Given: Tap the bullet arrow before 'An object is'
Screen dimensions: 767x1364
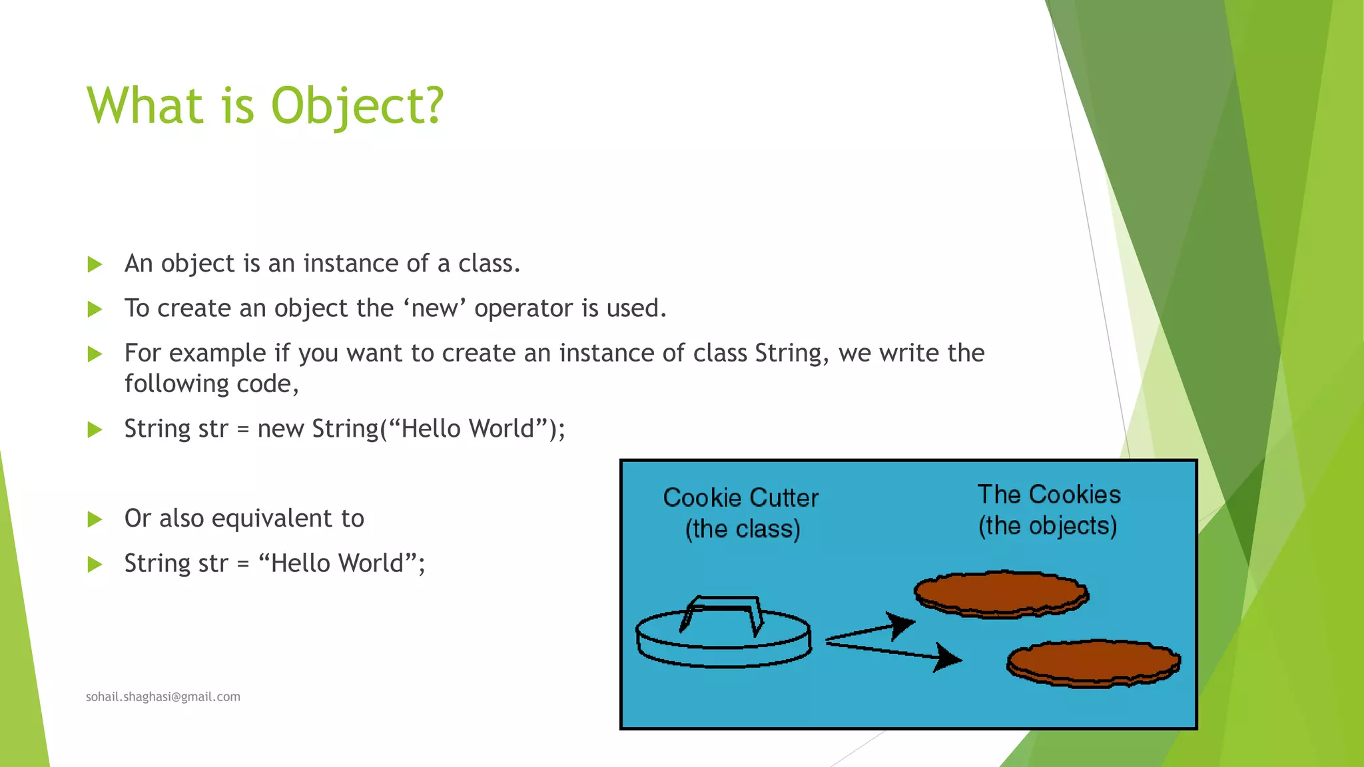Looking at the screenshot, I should [95, 265].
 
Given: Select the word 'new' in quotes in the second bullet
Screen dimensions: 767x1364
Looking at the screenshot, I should [434, 308].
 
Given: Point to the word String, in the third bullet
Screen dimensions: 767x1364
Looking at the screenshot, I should [791, 354].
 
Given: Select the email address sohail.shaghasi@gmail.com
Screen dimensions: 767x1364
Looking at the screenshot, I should [163, 697].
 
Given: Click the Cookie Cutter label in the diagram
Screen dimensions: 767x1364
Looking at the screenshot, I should [741, 498].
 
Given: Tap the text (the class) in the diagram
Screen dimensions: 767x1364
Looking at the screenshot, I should [743, 529].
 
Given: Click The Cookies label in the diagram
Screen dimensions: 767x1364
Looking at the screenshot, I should [1049, 495].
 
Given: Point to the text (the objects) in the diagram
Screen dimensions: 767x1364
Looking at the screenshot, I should [1048, 526].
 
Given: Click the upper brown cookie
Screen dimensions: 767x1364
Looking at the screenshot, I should [1000, 593].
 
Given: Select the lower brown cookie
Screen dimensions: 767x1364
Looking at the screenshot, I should [1094, 662].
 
